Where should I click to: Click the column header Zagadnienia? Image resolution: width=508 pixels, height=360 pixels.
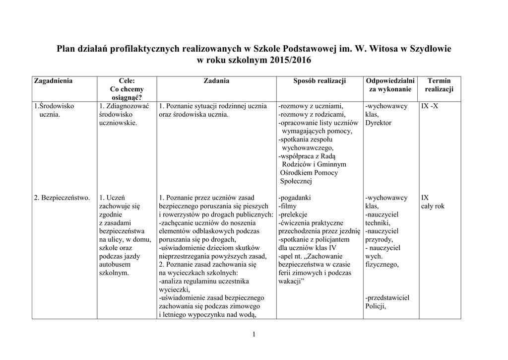pyautogui.click(x=53, y=81)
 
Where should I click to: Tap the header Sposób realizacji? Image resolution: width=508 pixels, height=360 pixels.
pyautogui.click(x=319, y=81)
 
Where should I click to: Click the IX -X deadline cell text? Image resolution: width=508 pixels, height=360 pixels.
pyautogui.click(x=429, y=106)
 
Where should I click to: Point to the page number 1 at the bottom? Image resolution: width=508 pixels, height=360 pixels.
pyautogui.click(x=254, y=334)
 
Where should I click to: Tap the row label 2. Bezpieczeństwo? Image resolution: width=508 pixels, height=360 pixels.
pyautogui.click(x=62, y=198)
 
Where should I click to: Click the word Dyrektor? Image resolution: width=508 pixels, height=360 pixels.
pyautogui.click(x=378, y=123)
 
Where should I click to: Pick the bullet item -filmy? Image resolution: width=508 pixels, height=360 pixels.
pyautogui.click(x=288, y=206)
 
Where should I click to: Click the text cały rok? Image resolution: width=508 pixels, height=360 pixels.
pyautogui.click(x=433, y=206)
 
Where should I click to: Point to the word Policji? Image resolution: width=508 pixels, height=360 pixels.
pyautogui.click(x=376, y=306)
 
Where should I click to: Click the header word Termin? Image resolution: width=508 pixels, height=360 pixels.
pyautogui.click(x=439, y=81)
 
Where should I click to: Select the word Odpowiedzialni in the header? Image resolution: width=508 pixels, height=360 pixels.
pyautogui.click(x=390, y=81)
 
